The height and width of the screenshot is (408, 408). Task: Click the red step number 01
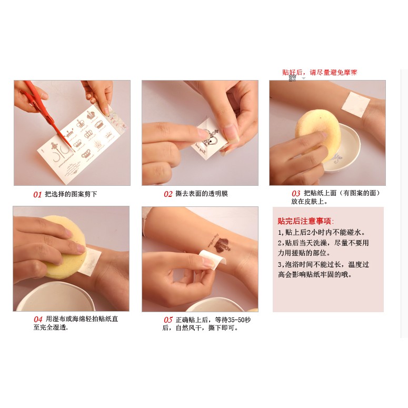pyautogui.click(x=37, y=194)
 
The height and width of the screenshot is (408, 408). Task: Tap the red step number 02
pyautogui.click(x=168, y=194)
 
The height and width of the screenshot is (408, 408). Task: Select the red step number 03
pyautogui.click(x=296, y=194)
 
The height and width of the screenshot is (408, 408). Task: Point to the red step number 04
pyautogui.click(x=38, y=319)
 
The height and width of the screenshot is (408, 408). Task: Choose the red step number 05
pyautogui.click(x=168, y=320)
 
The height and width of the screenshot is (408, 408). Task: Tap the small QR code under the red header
pyautogui.click(x=292, y=78)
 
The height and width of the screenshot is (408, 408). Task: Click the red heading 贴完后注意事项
pyautogui.click(x=306, y=221)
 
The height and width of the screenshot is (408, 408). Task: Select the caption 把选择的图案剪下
pyautogui.click(x=71, y=194)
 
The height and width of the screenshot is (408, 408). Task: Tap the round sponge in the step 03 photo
pyautogui.click(x=318, y=128)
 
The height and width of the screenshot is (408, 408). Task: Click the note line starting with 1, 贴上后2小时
pyautogui.click(x=321, y=232)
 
